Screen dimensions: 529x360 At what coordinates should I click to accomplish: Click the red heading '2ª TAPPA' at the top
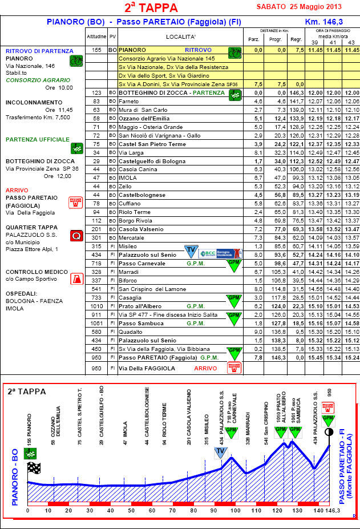(151, 7)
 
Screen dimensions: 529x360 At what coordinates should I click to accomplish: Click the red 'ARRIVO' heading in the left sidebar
(17, 190)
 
